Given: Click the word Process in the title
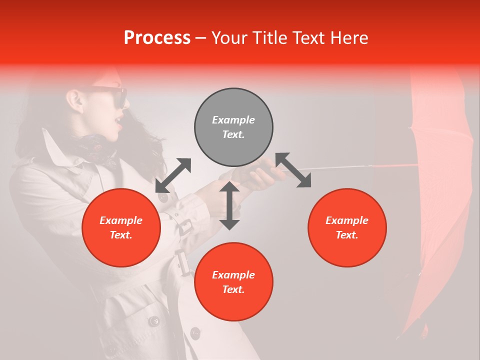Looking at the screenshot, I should click(x=157, y=38).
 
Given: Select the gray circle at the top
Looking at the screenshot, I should click(x=233, y=127).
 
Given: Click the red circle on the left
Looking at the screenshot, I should click(x=121, y=227).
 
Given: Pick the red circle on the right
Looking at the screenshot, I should click(x=347, y=227).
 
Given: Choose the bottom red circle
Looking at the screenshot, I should click(x=233, y=281).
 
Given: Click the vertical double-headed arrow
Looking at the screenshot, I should click(x=229, y=205).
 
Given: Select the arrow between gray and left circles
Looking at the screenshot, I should click(x=173, y=175).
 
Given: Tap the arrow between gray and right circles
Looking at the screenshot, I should click(x=293, y=170).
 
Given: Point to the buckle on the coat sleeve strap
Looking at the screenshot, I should click(x=183, y=226).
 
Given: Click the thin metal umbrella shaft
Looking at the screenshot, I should click(x=340, y=166).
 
